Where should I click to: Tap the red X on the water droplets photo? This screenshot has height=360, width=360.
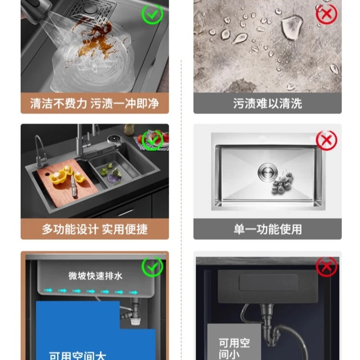[326, 14]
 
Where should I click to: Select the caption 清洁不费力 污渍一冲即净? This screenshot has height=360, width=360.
[94, 104]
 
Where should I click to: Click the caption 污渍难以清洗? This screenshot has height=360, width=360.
[267, 104]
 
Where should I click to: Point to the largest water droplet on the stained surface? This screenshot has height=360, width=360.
[290, 27]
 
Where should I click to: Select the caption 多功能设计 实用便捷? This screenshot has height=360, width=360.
[94, 229]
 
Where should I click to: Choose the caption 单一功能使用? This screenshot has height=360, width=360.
[267, 229]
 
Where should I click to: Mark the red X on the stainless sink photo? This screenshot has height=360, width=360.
[326, 140]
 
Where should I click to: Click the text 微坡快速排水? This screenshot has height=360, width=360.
[95, 276]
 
